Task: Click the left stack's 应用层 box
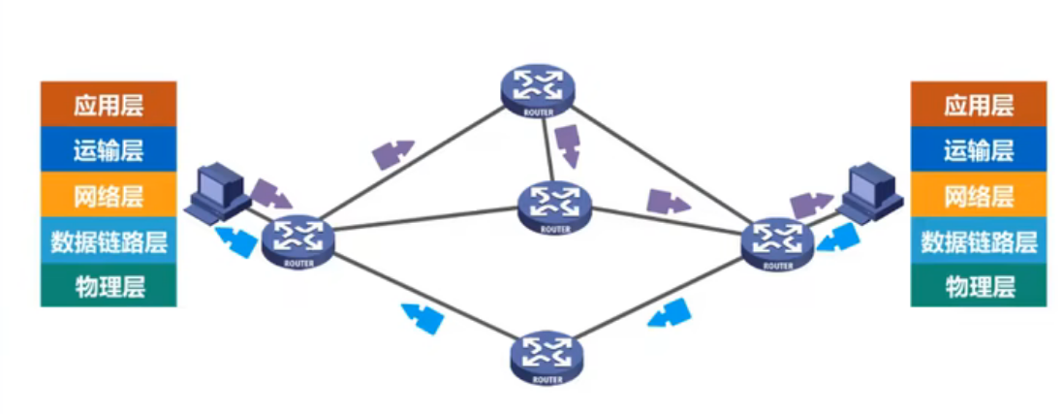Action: point(108,104)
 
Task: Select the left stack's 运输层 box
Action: point(108,149)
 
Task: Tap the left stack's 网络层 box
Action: point(108,195)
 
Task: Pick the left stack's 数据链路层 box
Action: point(108,240)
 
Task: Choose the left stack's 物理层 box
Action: point(108,286)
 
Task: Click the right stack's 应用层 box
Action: point(978,104)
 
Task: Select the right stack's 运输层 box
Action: point(978,149)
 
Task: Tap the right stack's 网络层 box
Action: point(978,195)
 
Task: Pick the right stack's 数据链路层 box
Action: point(978,240)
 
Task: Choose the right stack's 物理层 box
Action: point(978,286)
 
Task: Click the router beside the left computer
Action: point(297,239)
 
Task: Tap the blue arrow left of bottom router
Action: point(422,317)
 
